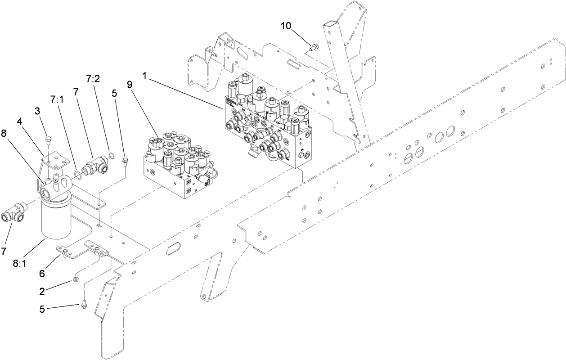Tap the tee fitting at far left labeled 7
click(14, 213)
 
